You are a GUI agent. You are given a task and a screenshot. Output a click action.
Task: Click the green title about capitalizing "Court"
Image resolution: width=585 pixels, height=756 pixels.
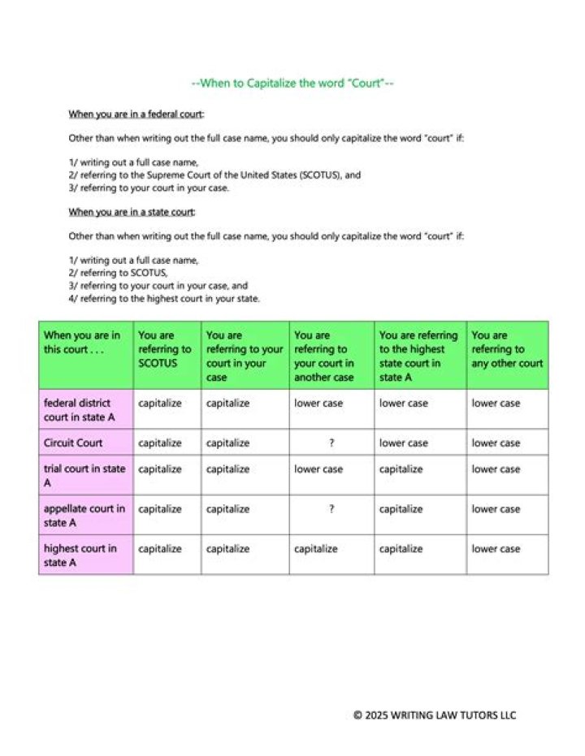click(292, 83)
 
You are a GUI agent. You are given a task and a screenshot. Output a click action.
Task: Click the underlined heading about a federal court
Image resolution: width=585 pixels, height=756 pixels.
click(136, 114)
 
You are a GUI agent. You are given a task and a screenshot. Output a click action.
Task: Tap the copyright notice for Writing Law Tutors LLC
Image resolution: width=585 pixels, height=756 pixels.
click(435, 715)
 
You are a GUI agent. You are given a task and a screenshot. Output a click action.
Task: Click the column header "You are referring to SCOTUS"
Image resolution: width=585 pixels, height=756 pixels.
click(165, 348)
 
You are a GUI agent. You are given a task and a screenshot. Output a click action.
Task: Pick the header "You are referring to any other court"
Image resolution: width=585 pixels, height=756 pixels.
click(507, 348)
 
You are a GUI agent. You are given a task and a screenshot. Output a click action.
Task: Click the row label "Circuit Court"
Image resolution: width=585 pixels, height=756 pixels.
click(73, 443)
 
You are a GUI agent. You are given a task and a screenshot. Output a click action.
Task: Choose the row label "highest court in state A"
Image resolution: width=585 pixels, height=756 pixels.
click(80, 555)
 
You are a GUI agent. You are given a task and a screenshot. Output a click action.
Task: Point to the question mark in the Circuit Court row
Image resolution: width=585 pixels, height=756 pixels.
click(331, 443)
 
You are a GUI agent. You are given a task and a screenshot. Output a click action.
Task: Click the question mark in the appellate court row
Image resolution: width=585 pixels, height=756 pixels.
click(331, 509)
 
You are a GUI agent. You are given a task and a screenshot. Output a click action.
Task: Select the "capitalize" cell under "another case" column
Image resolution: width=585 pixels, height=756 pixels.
click(316, 549)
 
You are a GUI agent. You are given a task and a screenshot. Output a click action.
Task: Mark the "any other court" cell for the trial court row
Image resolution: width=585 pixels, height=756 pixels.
click(496, 469)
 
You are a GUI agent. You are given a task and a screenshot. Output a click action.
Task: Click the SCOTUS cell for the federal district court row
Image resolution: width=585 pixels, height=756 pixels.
click(160, 403)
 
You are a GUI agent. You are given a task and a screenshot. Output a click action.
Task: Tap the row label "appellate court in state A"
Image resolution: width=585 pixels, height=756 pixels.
click(84, 516)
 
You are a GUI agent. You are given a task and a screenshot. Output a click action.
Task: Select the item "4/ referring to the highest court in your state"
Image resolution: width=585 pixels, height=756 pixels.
click(164, 299)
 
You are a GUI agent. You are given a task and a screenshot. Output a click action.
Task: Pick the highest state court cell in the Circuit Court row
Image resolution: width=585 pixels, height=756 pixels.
click(404, 443)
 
